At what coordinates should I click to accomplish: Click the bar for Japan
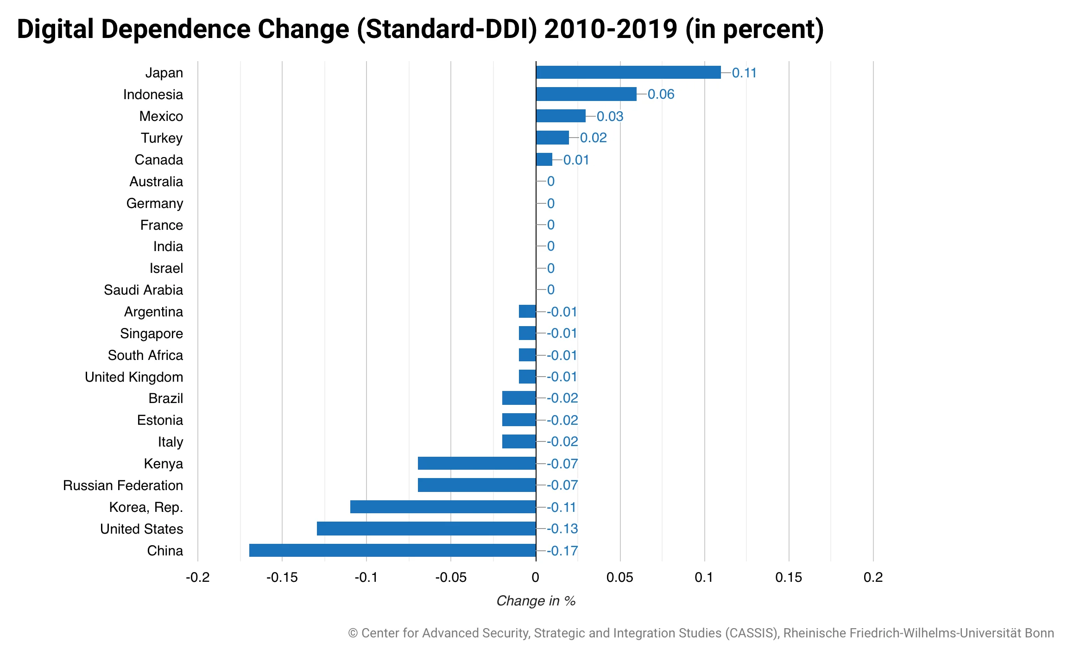[x=628, y=72]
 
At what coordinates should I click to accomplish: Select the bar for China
[x=392, y=550]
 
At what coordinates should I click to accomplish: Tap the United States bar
[x=426, y=529]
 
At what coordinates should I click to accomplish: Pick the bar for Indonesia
[x=586, y=94]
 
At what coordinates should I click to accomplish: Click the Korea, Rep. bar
[x=443, y=507]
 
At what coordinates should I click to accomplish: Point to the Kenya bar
[x=477, y=463]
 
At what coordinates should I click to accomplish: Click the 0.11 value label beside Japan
[x=744, y=73]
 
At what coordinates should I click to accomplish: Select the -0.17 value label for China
[x=562, y=551]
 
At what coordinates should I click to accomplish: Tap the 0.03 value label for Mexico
[x=610, y=116]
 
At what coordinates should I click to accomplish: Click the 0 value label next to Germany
[x=550, y=203]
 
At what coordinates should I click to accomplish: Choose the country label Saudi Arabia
[x=143, y=290]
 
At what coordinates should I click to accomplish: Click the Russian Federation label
[x=123, y=485]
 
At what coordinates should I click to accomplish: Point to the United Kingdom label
[x=134, y=377]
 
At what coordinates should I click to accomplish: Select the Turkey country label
[x=162, y=138]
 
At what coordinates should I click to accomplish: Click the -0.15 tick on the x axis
[x=282, y=577]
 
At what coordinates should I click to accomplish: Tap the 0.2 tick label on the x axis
[x=873, y=577]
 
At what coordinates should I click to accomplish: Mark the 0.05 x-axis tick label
[x=619, y=577]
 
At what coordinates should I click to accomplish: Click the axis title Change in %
[x=536, y=601]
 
